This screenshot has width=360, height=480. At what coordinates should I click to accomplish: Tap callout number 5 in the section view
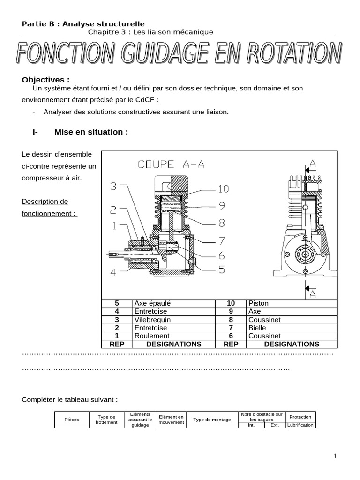(x=220, y=270)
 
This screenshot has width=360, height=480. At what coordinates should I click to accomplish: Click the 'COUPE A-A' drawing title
(x=171, y=164)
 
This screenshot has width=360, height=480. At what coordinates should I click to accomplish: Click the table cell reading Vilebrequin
(x=153, y=320)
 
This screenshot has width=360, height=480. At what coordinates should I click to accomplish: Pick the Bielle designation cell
(x=256, y=328)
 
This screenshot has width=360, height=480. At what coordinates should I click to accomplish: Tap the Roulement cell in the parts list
(x=152, y=336)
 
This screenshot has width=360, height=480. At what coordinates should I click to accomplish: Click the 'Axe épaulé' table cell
(x=152, y=303)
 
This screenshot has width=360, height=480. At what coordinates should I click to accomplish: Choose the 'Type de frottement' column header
(x=106, y=420)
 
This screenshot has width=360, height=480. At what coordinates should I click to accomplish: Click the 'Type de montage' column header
(x=212, y=420)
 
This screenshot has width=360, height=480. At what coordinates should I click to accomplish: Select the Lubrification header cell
(x=300, y=425)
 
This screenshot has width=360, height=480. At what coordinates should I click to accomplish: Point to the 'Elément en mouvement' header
(x=172, y=420)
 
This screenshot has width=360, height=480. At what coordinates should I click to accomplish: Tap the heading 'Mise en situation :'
(x=91, y=132)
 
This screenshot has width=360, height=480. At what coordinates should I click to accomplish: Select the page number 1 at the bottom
(x=335, y=456)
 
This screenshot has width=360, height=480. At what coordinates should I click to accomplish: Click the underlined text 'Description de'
(x=45, y=202)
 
